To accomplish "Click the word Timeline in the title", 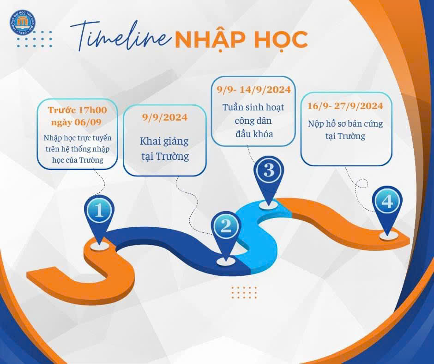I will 121,36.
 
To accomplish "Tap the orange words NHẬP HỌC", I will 241,40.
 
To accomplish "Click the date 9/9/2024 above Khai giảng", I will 165,117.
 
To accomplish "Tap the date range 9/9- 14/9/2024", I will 253,90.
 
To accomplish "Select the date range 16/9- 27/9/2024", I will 345,106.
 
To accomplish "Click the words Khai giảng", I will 165,141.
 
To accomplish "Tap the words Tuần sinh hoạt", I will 253,107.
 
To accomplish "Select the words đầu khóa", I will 253,134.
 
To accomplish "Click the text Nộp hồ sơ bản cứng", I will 345,124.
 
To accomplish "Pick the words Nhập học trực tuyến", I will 78,138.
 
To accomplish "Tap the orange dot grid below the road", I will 244,292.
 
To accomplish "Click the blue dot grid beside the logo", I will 34,39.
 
